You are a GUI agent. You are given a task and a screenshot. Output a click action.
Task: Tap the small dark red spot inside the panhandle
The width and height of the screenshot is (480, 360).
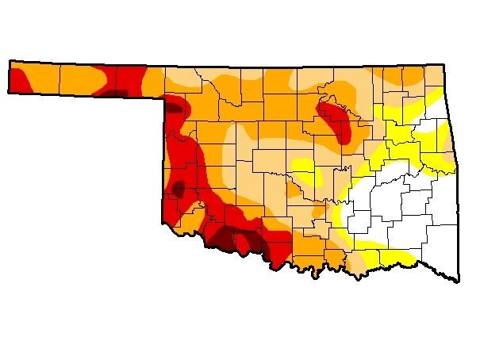(x=117, y=92)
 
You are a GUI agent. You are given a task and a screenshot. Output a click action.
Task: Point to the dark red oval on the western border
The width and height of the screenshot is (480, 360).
(x=179, y=189)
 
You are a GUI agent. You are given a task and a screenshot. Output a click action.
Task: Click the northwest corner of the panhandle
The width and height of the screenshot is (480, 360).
(x=10, y=60)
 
